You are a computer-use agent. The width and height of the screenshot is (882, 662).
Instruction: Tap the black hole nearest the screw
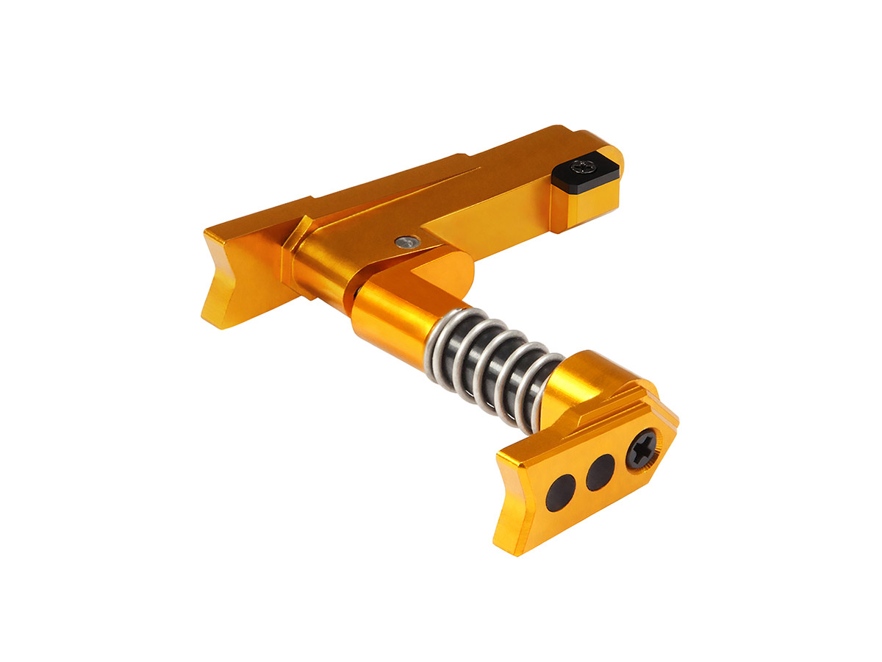tap(600, 471)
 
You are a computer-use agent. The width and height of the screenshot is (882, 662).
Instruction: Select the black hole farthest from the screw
tap(562, 491)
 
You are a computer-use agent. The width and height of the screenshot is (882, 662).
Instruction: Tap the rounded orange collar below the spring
tap(581, 382)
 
